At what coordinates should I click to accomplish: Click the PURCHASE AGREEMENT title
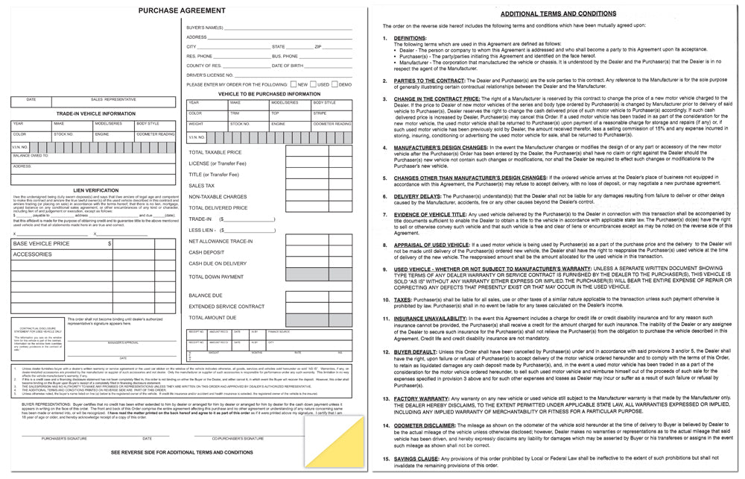182,10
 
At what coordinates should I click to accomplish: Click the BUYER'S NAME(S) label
205,27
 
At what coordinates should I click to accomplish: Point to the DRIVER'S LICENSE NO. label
209,75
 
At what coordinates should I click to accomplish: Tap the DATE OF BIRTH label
287,66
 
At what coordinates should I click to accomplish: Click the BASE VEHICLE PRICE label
42,244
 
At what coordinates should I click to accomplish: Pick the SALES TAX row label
201,186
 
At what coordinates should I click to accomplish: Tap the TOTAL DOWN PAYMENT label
216,276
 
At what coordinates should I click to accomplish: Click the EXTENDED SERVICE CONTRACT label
226,307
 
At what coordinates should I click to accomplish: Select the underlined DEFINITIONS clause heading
410,37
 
